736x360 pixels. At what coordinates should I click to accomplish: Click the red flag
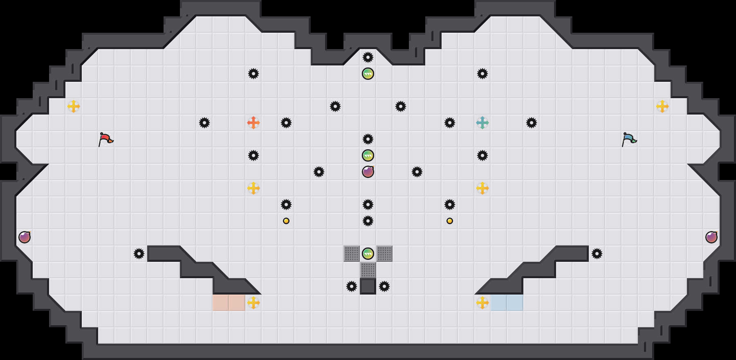tap(105, 139)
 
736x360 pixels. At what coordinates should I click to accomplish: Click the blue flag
tap(628, 139)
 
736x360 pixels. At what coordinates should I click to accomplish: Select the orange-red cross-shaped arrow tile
tap(254, 123)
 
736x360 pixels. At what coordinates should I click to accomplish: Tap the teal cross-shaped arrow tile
tap(482, 123)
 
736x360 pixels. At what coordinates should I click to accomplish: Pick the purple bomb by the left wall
tap(25, 237)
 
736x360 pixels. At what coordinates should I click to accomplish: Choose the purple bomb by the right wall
tap(711, 237)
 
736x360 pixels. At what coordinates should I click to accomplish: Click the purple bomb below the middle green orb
tap(368, 172)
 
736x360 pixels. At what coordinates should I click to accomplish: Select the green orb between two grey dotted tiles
tap(368, 254)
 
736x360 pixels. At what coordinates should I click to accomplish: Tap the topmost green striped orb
tap(368, 74)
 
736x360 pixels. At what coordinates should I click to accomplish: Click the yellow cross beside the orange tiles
tap(254, 303)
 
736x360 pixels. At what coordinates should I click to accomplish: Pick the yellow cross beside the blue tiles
tap(482, 303)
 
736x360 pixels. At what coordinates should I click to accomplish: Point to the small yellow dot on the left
tap(286, 221)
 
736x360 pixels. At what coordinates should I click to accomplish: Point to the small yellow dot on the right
tap(450, 221)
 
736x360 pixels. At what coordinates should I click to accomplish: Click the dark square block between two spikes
tap(368, 286)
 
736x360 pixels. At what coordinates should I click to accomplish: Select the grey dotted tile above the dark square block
tap(368, 270)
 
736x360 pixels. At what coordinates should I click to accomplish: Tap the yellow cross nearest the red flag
tap(74, 106)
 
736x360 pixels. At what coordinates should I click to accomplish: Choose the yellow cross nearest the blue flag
tap(662, 106)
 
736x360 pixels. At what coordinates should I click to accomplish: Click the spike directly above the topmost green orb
tap(368, 57)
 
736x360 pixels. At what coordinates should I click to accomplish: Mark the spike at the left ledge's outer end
tap(139, 254)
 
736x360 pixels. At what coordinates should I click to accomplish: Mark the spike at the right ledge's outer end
tap(597, 254)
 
